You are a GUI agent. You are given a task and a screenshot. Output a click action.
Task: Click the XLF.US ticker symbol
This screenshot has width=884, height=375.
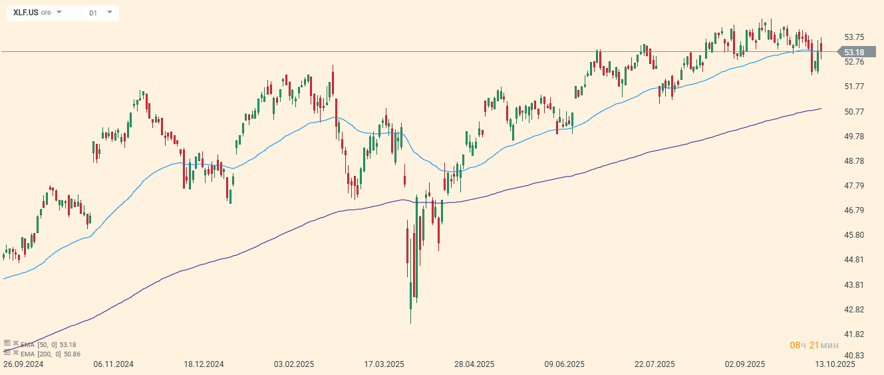point(26,13)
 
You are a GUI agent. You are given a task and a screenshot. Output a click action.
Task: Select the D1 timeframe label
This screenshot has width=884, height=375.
point(92,13)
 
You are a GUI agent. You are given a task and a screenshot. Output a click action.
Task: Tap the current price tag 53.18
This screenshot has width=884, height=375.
point(853,53)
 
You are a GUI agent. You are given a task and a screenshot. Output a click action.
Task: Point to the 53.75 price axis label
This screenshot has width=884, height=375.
point(853,37)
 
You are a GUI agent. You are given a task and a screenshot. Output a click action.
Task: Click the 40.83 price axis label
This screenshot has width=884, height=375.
point(853,355)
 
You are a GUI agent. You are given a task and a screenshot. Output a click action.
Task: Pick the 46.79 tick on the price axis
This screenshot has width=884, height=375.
point(853,210)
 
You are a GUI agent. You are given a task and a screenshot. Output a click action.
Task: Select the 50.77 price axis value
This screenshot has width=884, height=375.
point(853,111)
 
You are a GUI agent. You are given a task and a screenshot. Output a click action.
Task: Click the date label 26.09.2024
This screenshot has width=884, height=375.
point(23,364)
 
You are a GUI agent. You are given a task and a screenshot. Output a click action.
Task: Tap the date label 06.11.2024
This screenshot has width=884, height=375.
point(114,364)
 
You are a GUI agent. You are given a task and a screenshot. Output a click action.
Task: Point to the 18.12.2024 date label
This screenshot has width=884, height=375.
point(204,364)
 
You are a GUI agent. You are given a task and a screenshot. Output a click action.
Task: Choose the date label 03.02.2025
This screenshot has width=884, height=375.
point(294,364)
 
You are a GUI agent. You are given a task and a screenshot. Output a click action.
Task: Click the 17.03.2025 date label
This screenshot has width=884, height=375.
point(384,364)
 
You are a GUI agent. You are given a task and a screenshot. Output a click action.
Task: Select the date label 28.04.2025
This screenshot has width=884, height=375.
point(474,364)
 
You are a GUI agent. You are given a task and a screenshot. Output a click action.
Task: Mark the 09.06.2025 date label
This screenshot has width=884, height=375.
point(564,364)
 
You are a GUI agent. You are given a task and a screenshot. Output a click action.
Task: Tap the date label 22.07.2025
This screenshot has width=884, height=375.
point(655,364)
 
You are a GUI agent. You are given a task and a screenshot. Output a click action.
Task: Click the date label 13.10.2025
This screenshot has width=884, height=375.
point(835,364)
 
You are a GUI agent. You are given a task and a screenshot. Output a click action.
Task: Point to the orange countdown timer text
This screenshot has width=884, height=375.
point(813,345)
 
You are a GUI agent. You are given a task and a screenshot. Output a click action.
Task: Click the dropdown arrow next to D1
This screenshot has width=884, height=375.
point(109,13)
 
